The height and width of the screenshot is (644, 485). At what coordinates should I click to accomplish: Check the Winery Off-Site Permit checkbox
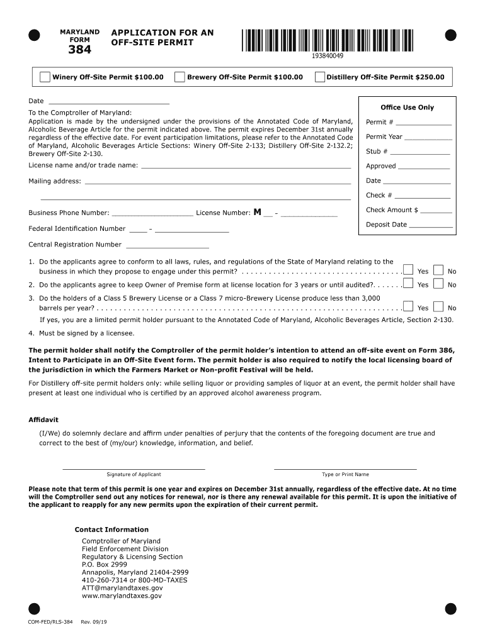45,77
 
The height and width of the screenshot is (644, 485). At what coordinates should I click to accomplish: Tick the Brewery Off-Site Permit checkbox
180,77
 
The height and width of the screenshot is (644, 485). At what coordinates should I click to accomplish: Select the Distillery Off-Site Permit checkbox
320,77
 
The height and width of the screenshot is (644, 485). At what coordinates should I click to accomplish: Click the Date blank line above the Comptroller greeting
108,101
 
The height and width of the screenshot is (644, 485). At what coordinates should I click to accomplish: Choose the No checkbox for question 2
438,284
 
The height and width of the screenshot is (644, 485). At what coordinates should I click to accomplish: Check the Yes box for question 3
408,307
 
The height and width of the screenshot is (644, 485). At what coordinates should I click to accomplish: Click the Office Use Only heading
407,108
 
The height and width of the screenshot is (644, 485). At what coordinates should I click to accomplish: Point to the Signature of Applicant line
134,468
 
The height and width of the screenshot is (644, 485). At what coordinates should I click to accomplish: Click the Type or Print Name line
345,468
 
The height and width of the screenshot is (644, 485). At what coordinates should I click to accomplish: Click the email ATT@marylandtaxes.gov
118,588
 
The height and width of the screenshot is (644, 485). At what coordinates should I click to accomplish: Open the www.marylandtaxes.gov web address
122,596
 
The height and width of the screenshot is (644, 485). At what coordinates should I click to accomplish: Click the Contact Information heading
111,530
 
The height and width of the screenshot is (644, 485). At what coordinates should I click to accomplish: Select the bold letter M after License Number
257,212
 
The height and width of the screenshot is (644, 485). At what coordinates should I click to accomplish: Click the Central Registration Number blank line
167,245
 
